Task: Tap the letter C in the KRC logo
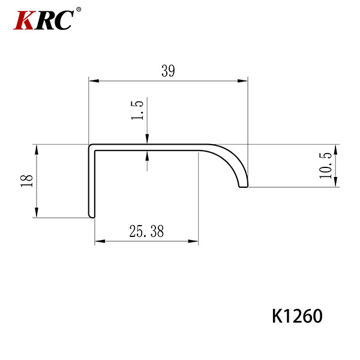(64, 20)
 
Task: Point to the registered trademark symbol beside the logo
(79, 10)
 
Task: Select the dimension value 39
(168, 71)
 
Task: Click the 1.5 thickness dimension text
(137, 110)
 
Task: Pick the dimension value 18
(27, 181)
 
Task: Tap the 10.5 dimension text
(326, 166)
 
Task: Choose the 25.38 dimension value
(146, 231)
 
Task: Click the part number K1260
(297, 316)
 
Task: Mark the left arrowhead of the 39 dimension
(94, 81)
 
